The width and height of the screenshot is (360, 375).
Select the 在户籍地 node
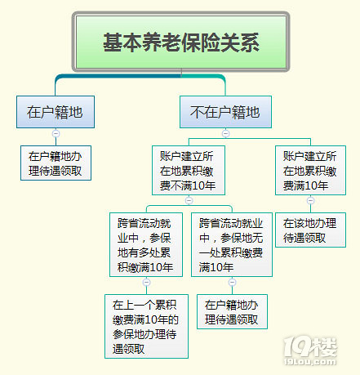56,112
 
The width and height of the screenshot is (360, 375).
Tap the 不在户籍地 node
225,112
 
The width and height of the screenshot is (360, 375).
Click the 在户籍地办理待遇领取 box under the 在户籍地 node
56,163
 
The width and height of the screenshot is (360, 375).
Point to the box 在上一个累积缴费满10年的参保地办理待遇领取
145,324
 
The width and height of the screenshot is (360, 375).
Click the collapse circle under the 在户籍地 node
56,133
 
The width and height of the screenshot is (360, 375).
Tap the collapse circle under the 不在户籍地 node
225,133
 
